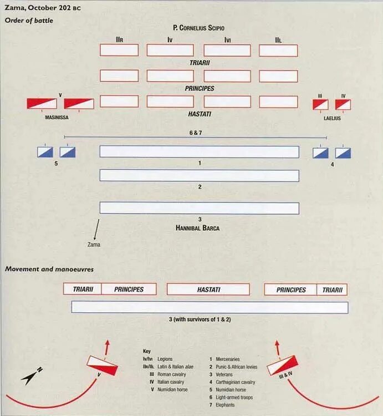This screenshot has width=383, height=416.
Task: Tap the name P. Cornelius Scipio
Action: pos(198,28)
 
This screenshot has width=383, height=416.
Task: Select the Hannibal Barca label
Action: pos(198,227)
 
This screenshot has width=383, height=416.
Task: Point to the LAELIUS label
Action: pos(331,117)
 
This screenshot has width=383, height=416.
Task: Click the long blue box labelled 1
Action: pos(199,151)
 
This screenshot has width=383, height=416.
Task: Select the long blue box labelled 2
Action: pos(199,175)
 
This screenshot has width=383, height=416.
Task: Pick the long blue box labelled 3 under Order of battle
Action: pos(199,208)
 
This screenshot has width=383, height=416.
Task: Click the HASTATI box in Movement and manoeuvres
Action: pos(208,290)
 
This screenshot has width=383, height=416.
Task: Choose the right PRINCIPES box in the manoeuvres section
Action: pos(291,290)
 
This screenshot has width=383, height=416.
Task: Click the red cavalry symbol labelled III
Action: pos(320,104)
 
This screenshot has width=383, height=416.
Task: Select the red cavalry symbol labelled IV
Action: pos(343,104)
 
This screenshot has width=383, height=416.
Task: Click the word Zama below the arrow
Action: pos(94,244)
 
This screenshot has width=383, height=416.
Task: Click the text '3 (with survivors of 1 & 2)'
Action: pos(208,320)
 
